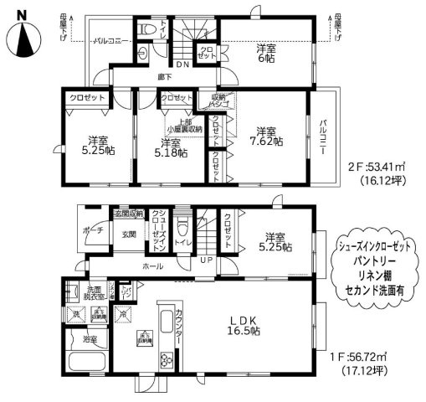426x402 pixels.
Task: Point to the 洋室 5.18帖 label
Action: pos(172,147)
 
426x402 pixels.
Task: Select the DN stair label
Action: pos(182,64)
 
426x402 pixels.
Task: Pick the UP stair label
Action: pos(206,260)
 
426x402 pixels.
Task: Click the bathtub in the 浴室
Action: pos(83,367)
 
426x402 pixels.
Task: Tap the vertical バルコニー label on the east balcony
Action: pos(323,138)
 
